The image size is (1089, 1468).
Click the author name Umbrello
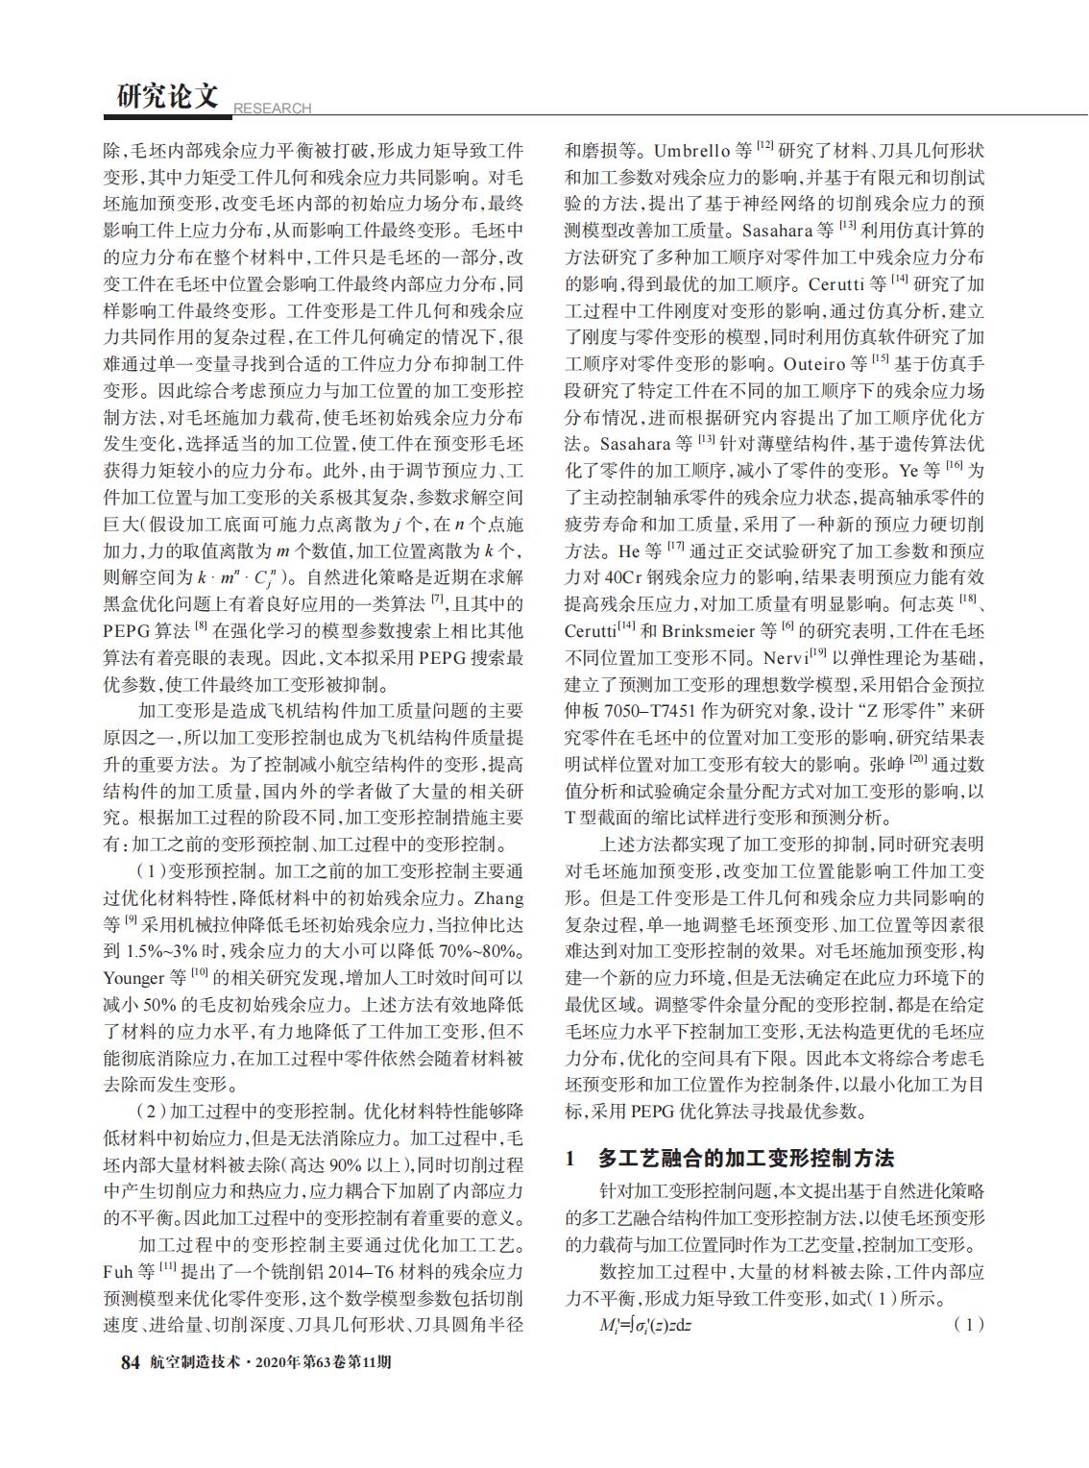click(692, 151)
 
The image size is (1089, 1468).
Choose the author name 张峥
click(884, 766)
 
